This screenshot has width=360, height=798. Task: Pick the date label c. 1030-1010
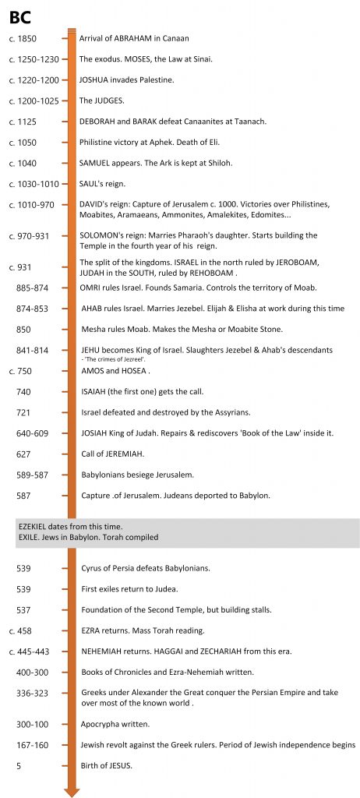(34, 184)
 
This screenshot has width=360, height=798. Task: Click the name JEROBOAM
(294, 263)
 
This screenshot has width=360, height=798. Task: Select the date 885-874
(32, 288)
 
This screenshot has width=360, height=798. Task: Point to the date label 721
(23, 411)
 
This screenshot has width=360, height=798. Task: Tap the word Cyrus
(93, 568)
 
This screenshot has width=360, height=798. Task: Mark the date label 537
(23, 609)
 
